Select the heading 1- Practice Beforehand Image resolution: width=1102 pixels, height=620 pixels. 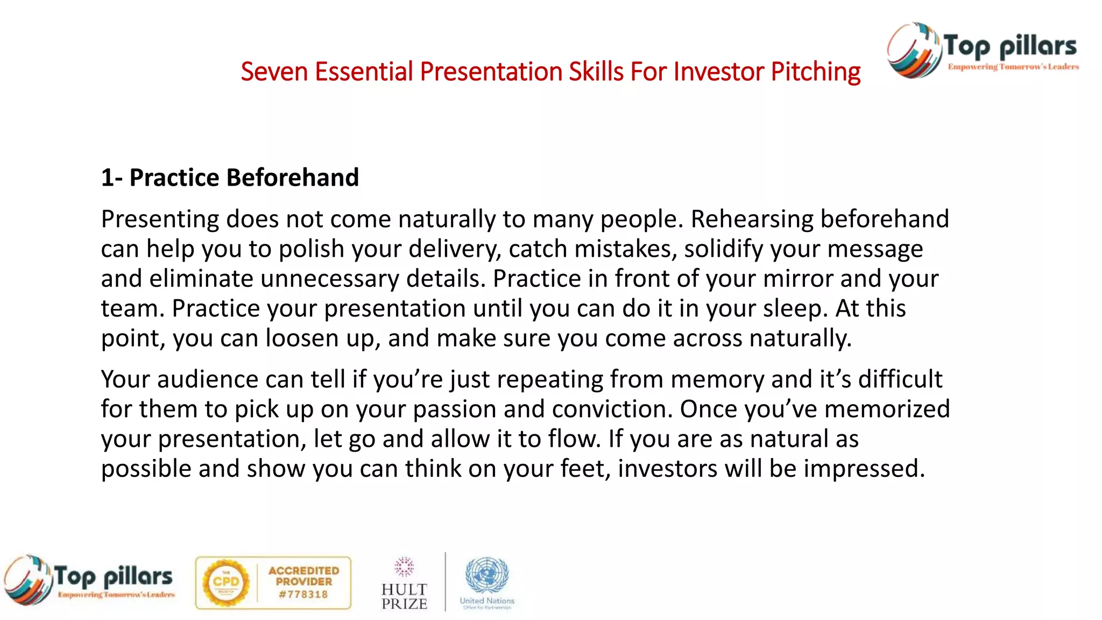tap(230, 178)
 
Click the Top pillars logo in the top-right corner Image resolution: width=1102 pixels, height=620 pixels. tap(983, 50)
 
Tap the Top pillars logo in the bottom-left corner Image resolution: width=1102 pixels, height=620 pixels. tap(89, 580)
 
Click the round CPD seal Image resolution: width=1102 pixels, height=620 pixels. tap(225, 583)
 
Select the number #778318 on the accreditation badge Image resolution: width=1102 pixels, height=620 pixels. tap(303, 595)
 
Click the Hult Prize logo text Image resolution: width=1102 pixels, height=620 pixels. tap(404, 596)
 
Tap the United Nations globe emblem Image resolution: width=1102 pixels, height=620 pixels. tap(486, 574)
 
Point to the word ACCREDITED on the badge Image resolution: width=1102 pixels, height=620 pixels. tap(304, 570)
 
